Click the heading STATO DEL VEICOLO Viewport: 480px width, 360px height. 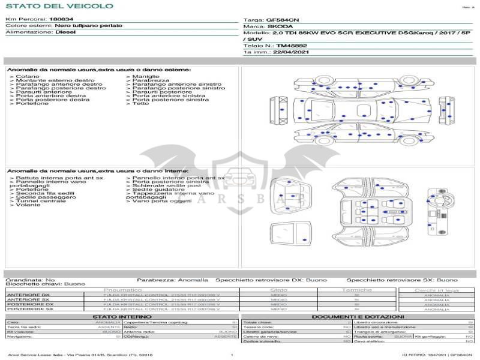click(x=59, y=7)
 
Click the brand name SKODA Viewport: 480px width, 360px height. click(x=280, y=26)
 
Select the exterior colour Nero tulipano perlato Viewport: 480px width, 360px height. click(x=88, y=26)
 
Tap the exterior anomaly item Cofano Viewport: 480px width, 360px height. click(x=28, y=77)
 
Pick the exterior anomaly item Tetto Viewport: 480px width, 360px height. click(x=140, y=104)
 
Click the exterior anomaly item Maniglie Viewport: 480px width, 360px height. click(x=146, y=77)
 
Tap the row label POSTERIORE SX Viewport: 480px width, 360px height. click(x=29, y=309)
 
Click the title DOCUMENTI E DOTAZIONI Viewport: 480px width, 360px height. click(x=358, y=316)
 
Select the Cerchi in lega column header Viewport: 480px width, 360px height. click(x=436, y=290)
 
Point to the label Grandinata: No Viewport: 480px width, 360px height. click(x=30, y=280)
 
